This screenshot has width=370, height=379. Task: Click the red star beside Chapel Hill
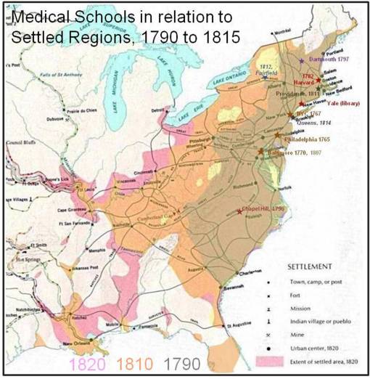240,211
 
